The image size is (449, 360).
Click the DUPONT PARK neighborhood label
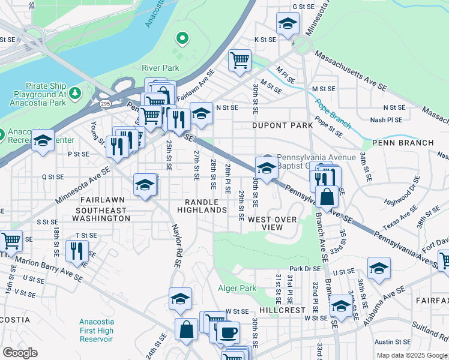click(x=282, y=125)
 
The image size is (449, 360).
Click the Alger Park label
click(x=237, y=289)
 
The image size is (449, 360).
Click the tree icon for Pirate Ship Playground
click(x=74, y=93)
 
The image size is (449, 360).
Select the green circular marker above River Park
click(x=182, y=40)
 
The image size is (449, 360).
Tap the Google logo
click(x=20, y=352)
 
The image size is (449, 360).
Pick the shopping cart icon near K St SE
click(x=239, y=60)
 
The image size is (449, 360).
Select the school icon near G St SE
click(x=288, y=23)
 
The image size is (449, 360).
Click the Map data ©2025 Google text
click(x=411, y=355)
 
